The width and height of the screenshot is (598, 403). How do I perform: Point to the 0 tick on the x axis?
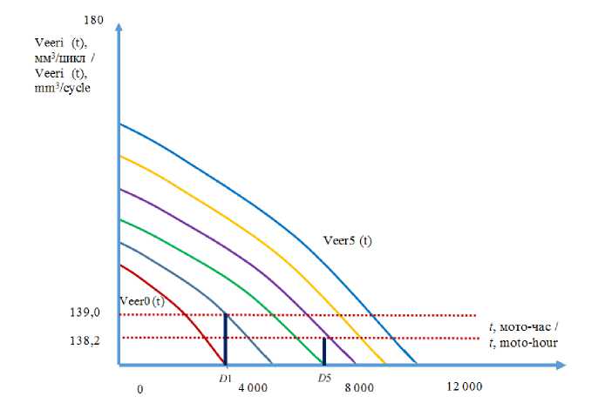click(139, 388)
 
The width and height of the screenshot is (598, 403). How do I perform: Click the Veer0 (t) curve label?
click(143, 300)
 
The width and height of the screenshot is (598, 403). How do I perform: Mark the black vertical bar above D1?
click(226, 339)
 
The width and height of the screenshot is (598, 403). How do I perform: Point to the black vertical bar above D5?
click(324, 352)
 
